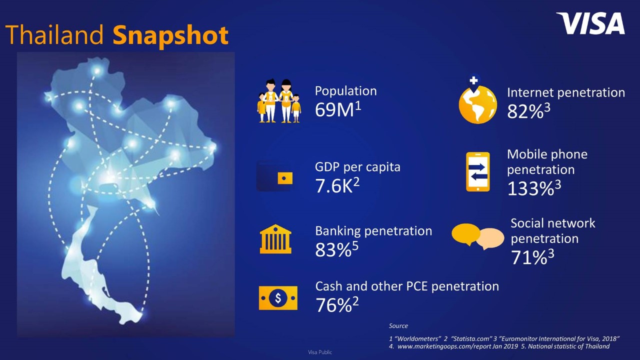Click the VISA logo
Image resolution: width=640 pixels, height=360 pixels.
point(590,23)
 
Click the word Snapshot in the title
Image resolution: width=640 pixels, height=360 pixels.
point(170,35)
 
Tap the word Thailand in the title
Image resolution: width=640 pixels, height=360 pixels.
point(54,34)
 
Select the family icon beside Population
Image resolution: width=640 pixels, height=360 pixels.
point(279,101)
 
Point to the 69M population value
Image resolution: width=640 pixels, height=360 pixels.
point(338,109)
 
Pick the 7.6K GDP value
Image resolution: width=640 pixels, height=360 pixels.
point(337,185)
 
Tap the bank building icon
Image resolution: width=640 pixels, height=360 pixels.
point(275,239)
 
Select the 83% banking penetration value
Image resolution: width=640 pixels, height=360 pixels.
point(336,249)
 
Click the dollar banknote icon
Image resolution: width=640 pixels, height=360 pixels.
point(278,298)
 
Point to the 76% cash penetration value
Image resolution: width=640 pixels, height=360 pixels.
point(337,305)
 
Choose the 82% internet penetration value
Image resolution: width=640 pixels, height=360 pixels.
point(528,111)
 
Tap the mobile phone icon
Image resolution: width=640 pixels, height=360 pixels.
point(477,171)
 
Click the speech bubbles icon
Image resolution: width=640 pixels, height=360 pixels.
point(477,236)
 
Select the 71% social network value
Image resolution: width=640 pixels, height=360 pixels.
point(532,257)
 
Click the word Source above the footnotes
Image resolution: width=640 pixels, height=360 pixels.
point(398,325)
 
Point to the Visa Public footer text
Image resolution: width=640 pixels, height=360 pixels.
point(320,352)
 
